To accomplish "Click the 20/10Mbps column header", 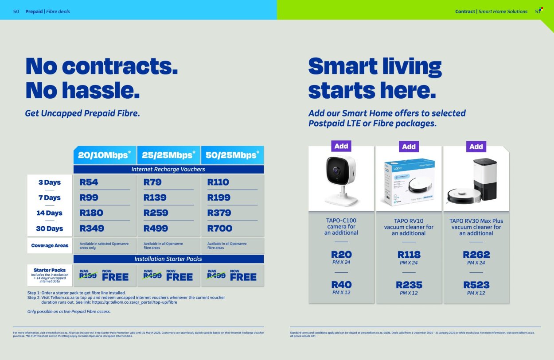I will pos(105,155).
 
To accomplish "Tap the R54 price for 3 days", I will pos(89,182).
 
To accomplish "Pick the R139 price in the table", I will pos(155,197).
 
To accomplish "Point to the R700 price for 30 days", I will pos(220,228).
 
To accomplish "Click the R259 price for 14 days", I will pos(156,213).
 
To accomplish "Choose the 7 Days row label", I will pos(49,197).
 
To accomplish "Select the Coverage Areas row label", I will pos(50,245).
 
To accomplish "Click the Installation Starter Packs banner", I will pos(168,259).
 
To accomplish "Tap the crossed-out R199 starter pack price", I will pos(88,276).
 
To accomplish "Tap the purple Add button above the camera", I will pos(341,146).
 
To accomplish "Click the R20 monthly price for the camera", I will pos(341,255).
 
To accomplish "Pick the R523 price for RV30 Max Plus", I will pos(476,285).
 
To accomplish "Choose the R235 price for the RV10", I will pos(409,285).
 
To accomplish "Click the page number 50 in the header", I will pos(16,12).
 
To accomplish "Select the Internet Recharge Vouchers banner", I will pos(168,169).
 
